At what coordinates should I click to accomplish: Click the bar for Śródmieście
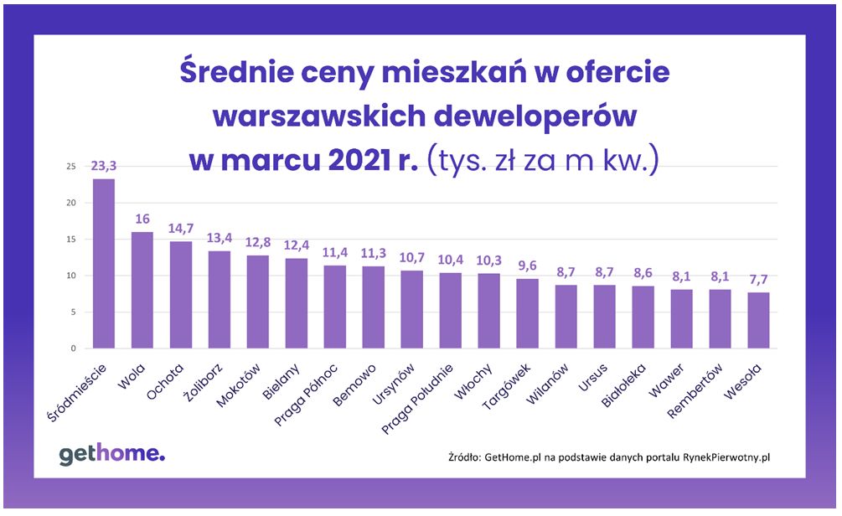pos(103,264)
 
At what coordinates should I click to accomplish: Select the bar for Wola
pos(142,290)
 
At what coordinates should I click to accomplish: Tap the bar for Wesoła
pos(758,320)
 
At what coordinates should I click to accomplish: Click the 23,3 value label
pos(103,167)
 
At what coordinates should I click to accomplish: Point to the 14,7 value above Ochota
pos(180,229)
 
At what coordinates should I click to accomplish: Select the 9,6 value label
pos(527,266)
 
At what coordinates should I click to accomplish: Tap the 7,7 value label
pos(758,280)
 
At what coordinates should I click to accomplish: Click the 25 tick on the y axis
pos(71,167)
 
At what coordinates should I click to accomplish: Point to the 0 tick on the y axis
pos(74,348)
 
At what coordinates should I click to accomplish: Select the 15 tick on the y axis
pos(71,240)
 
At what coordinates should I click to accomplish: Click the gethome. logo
pos(111,454)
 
